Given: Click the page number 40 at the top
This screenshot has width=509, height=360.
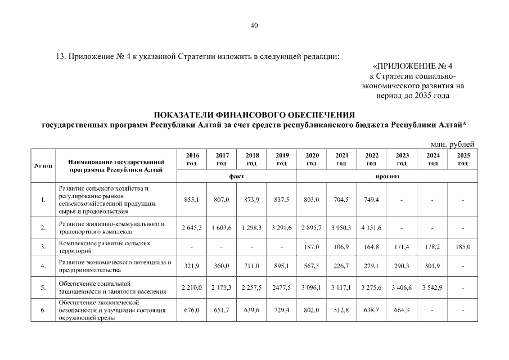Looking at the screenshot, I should pos(254,25).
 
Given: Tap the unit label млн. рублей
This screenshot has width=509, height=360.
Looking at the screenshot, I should pos(452,145).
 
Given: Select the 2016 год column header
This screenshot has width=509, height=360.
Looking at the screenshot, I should pos(192,159).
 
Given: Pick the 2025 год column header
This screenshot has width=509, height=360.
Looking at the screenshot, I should pos(463,159).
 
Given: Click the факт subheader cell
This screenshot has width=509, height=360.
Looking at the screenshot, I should pos(236,177).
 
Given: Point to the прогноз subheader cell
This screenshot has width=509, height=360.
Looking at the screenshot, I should pos(386,177).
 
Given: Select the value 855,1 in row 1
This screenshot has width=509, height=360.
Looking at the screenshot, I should pos(192,200).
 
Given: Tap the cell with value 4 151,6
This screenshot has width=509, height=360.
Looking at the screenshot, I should pos(371,227).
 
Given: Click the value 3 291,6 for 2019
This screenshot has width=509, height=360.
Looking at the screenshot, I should pos(281,227).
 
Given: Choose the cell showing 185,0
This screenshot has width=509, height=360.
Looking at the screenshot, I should pos(463,246).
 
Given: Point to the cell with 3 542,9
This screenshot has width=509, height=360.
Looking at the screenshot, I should pos(433,287).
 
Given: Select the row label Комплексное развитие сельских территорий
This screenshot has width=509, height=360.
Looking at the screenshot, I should pos(104,246).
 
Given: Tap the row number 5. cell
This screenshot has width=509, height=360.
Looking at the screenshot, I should pos(43,287).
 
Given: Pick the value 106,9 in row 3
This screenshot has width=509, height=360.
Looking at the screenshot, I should pos(341,246).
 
